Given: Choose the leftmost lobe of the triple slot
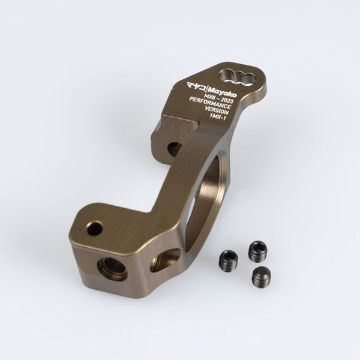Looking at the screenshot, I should (x=226, y=75).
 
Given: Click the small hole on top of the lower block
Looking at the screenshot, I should (x=94, y=229).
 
